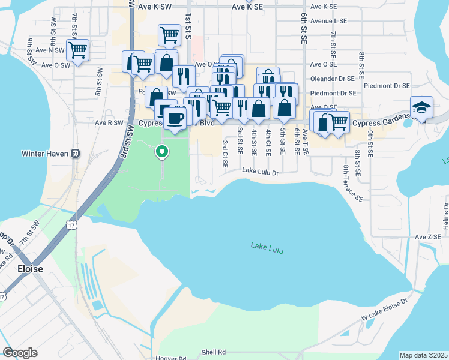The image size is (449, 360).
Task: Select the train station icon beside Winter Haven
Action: pyautogui.click(x=75, y=153)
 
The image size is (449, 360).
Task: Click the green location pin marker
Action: pyautogui.click(x=161, y=152)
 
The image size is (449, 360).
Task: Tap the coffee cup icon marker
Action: pyautogui.click(x=175, y=117)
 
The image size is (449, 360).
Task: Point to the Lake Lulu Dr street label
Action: pyautogui.click(x=261, y=172)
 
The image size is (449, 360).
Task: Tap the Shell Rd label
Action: pyautogui.click(x=213, y=352)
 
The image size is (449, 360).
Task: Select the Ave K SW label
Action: pyautogui.click(x=154, y=7)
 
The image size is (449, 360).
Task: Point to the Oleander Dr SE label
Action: pyautogui.click(x=334, y=79)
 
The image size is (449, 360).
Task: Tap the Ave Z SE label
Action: pyautogui.click(x=428, y=237)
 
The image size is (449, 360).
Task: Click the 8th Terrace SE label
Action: pyautogui.click(x=353, y=183)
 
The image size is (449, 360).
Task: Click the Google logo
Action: pyautogui.click(x=20, y=353)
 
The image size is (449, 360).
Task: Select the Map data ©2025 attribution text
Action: pyautogui.click(x=423, y=355)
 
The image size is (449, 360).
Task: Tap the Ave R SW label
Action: pyautogui.click(x=109, y=122)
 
